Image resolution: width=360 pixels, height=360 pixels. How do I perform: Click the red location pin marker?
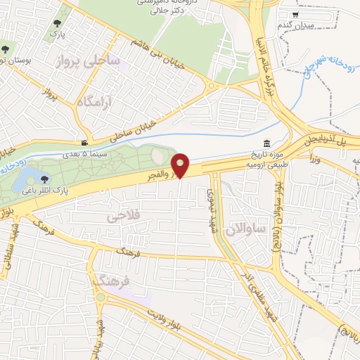181,165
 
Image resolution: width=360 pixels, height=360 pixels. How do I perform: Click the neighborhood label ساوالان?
245,228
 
